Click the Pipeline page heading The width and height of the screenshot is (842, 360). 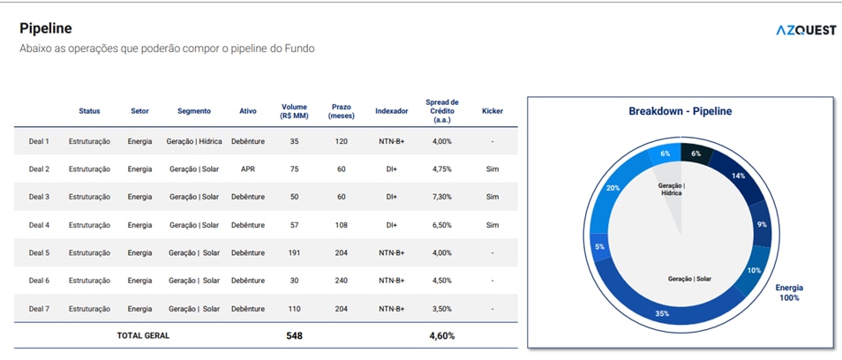tap(46, 29)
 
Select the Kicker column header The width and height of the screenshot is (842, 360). tap(492, 111)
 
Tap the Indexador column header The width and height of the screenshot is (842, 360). tap(391, 111)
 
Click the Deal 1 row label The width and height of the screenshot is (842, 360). tap(39, 141)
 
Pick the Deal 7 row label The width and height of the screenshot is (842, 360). tap(39, 309)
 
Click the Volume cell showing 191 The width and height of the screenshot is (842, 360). tap(294, 253)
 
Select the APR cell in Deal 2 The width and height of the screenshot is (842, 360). tap(248, 169)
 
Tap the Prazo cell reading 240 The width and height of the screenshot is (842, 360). tap(341, 281)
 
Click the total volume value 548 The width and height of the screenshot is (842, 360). tap(294, 336)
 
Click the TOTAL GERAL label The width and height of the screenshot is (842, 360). tap(143, 336)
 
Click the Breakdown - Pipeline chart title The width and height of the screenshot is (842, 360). tap(680, 112)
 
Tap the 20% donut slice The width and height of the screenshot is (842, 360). tap(613, 187)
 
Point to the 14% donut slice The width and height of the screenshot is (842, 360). tap(738, 176)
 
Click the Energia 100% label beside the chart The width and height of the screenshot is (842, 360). tap(788, 293)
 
